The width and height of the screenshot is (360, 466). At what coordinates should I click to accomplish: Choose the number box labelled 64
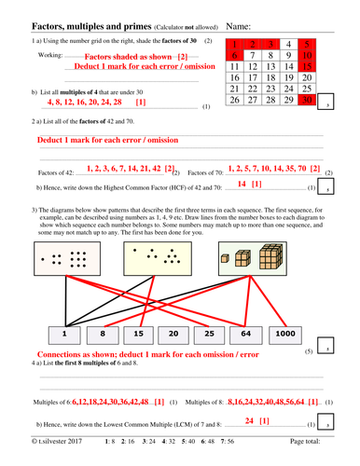(x=262, y=334)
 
